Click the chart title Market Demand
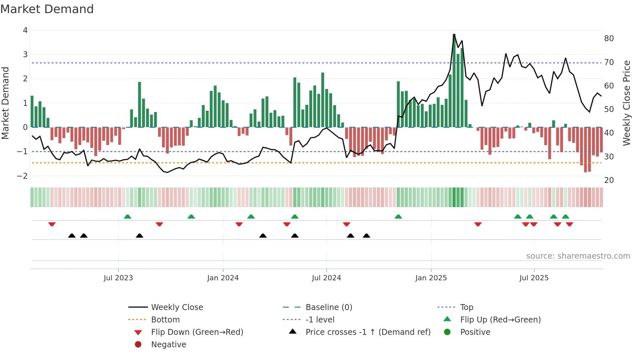click(x=47, y=9)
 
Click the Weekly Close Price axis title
click(x=626, y=103)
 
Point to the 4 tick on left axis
click(x=25, y=30)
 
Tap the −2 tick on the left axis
click(x=23, y=176)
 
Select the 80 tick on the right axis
click(x=609, y=39)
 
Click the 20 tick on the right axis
click(x=609, y=180)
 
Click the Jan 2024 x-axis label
click(x=223, y=278)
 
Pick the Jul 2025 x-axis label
click(x=534, y=278)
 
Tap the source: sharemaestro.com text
click(x=578, y=256)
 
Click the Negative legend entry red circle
click(x=138, y=344)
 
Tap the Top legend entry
click(x=467, y=307)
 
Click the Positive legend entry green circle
click(x=447, y=332)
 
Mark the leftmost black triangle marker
click(x=72, y=236)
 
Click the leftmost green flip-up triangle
click(x=128, y=217)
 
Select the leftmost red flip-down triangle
click(x=52, y=224)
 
